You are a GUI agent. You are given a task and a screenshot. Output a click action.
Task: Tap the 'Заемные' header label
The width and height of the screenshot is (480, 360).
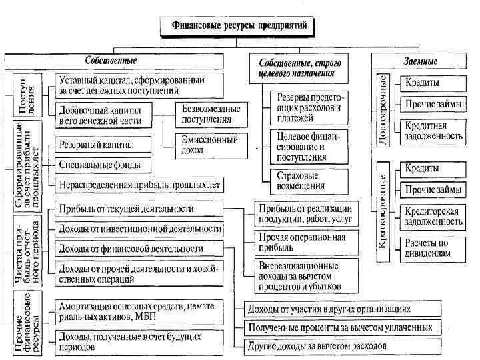point(420,61)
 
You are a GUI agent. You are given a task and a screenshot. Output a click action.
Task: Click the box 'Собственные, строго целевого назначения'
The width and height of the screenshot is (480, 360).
point(297,67)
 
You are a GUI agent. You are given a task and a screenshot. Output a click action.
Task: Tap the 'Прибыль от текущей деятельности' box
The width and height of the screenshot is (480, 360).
point(139,209)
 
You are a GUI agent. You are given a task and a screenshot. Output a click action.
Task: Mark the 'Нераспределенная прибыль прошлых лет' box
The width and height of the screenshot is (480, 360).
point(139,184)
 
